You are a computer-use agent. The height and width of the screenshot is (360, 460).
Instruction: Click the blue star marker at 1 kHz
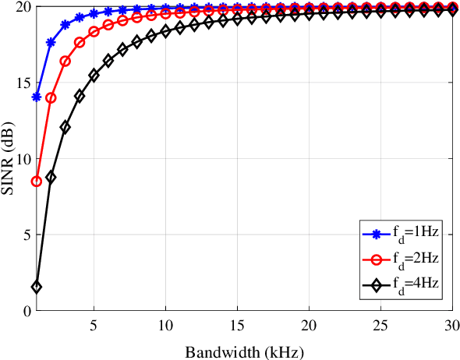37,97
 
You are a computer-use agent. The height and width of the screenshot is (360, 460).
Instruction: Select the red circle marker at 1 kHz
37,182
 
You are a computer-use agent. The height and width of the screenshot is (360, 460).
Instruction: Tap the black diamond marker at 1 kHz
37,287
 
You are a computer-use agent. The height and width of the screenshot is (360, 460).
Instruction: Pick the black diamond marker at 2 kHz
51,178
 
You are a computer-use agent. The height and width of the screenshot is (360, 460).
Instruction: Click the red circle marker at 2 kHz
51,97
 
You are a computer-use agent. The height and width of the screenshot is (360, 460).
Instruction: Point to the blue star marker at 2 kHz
51,42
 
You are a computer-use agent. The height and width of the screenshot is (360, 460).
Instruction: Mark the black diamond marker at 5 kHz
94,75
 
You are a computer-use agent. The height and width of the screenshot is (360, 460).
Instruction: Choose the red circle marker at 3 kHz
65,62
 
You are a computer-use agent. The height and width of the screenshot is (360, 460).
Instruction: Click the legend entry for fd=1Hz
398,233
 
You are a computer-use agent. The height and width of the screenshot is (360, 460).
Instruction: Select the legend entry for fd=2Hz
398,258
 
